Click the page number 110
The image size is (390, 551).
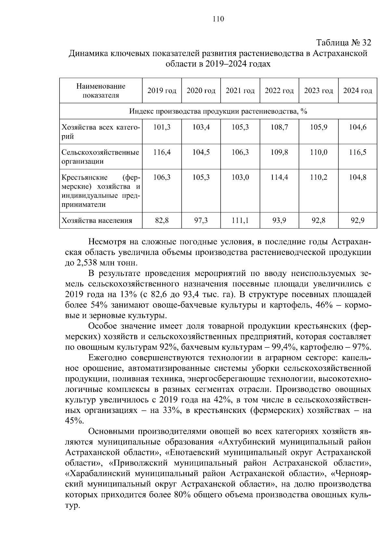coord(218,19)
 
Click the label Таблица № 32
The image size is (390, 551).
coord(344,43)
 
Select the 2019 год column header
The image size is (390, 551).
coord(162,91)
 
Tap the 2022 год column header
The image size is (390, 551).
coord(279,91)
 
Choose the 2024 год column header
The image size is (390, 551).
coord(357,91)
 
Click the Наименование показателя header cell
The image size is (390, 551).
coord(101,91)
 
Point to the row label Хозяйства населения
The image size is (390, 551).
coord(97,221)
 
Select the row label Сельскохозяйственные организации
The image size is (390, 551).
coord(100,157)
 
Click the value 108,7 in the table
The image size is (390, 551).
coord(279,127)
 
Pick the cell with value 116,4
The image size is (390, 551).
coord(162,152)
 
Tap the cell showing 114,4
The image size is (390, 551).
coord(279,177)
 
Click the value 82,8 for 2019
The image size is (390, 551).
coord(162,221)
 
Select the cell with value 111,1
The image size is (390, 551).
coord(240,221)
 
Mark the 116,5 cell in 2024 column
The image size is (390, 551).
coord(357,152)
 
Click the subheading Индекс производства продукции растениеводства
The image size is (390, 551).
coord(218,111)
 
